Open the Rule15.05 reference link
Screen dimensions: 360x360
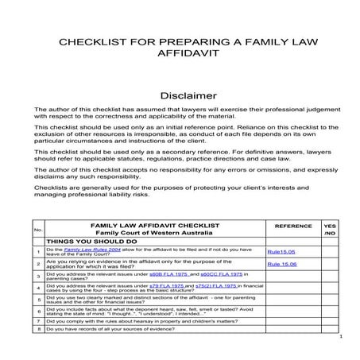(x=281, y=252)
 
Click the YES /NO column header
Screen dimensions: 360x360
(x=331, y=229)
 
